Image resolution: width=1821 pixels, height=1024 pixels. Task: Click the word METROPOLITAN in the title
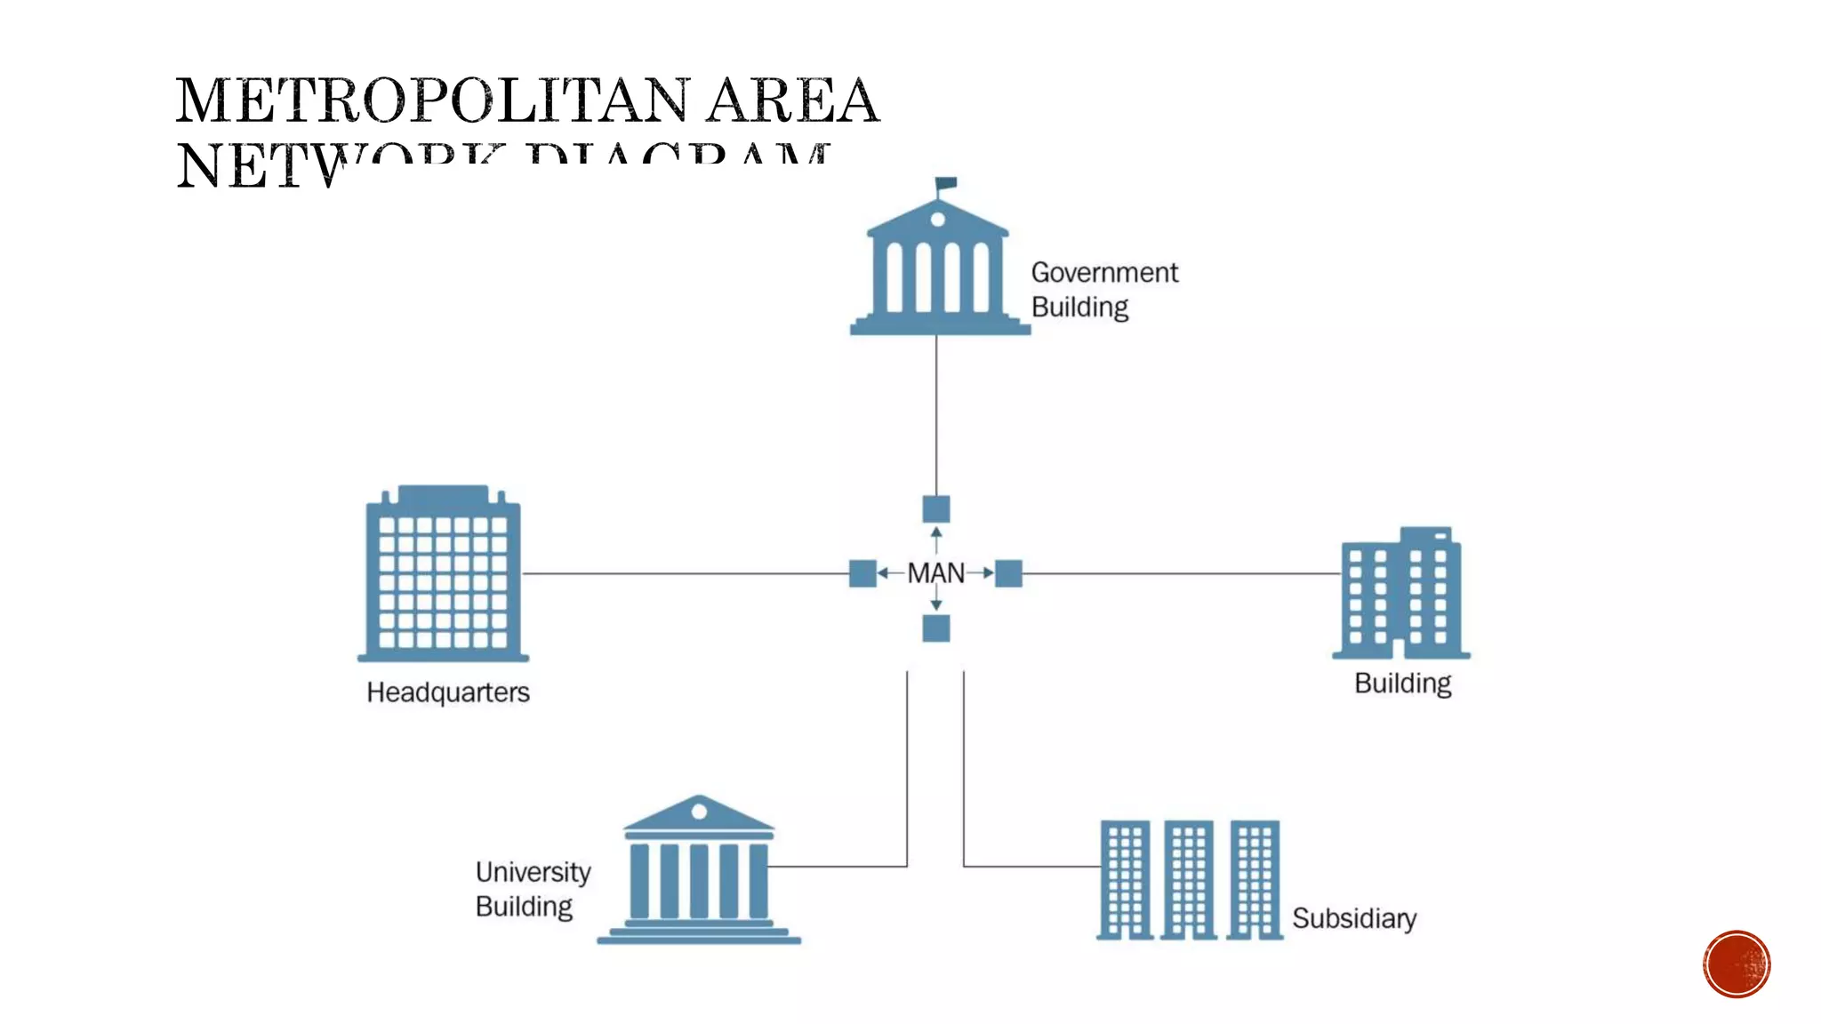click(432, 100)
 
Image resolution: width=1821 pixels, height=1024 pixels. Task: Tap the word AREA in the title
click(792, 100)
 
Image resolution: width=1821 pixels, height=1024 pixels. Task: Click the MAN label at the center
click(935, 573)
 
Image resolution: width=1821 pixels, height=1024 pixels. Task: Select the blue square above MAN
click(935, 509)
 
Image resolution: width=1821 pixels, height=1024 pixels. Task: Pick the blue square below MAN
click(935, 628)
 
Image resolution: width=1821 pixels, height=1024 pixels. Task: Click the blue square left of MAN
click(862, 573)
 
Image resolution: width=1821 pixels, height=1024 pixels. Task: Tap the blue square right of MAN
click(1008, 573)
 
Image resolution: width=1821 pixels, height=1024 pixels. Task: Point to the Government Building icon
click(938, 267)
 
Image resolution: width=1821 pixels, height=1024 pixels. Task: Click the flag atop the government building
click(946, 183)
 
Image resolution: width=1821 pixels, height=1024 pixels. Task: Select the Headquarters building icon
click(443, 575)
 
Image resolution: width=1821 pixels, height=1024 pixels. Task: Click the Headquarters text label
click(448, 692)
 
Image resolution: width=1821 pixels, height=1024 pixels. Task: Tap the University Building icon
click(699, 871)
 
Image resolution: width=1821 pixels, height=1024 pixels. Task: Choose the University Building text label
click(532, 889)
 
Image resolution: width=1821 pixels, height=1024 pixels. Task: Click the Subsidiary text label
click(1353, 918)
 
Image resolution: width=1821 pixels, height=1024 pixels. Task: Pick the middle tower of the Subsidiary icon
click(1190, 878)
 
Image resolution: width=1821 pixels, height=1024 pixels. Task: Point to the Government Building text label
click(1103, 290)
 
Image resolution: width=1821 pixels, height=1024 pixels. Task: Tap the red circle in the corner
click(1737, 964)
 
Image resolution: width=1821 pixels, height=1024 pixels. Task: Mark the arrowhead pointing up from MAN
click(935, 532)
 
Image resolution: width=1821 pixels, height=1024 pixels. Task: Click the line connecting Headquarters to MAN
click(685, 573)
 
